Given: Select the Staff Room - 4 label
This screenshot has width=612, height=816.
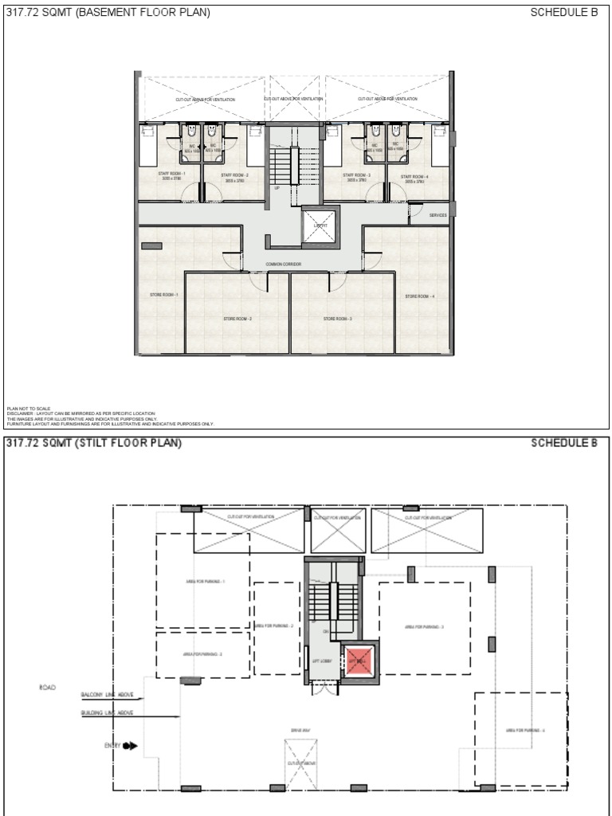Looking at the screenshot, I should coord(414,178).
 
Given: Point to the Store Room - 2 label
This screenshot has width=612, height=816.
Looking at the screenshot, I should coord(237,319).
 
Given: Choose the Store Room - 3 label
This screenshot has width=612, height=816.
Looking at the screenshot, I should coord(338,319).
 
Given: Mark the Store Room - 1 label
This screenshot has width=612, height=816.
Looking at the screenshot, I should coord(163,295).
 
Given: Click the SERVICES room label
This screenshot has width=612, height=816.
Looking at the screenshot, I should coord(437,215).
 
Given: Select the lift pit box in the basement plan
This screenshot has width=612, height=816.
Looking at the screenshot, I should coord(320,226).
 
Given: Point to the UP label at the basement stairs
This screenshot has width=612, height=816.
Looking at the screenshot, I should coord(277,190).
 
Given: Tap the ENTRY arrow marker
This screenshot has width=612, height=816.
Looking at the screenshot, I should coord(130,746).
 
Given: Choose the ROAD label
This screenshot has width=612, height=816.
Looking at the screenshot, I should coord(47,687).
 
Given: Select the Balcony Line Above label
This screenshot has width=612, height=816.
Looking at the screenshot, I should coord(107,696).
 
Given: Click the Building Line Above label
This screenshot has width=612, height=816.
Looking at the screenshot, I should coord(107,713).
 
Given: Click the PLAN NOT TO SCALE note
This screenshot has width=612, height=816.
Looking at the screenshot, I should coord(29,408).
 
